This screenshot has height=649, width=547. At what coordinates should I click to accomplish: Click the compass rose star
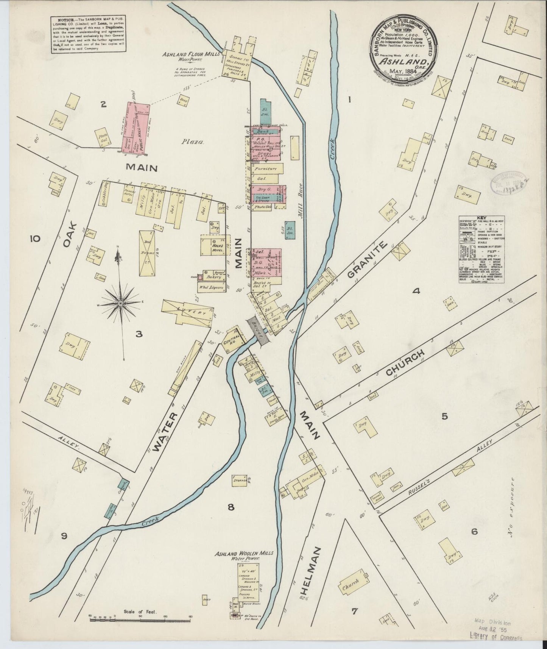coord(120,303)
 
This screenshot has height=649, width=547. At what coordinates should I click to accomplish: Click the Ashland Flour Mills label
coord(191,54)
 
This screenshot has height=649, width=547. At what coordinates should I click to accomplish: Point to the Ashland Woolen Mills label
coord(244,553)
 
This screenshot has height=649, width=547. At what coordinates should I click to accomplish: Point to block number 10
coord(34,239)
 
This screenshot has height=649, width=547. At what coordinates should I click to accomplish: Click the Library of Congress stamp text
coord(498,637)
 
